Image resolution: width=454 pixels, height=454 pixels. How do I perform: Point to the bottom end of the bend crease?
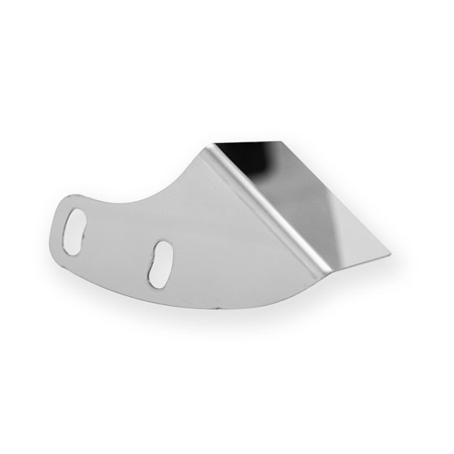pos(326,272)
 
